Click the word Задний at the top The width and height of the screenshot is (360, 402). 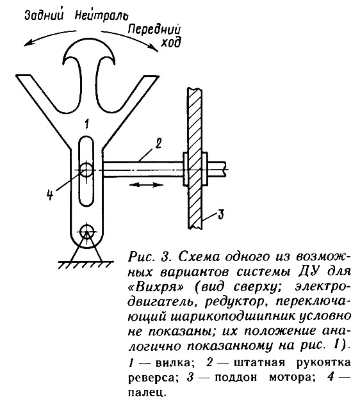(44, 15)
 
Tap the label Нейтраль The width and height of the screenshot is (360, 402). (102, 15)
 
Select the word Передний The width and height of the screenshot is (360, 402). (154, 31)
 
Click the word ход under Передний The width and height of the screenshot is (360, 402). (170, 42)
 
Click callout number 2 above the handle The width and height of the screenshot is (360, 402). (158, 143)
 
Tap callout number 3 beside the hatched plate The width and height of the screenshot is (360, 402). (220, 214)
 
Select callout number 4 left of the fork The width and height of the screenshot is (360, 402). (51, 195)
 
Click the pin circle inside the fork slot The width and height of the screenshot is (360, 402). (86, 170)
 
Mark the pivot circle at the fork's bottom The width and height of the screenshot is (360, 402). (86, 231)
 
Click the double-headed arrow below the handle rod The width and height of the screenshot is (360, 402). (146, 184)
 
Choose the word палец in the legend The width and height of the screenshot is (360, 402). (145, 392)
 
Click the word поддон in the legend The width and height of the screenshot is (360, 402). (236, 377)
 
